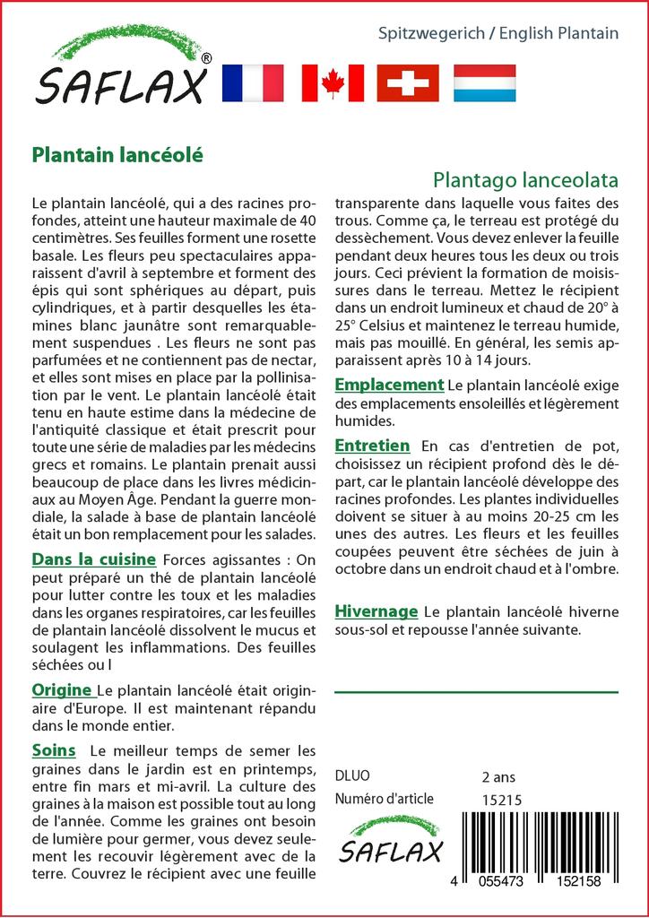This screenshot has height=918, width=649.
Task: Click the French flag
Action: (x=252, y=83)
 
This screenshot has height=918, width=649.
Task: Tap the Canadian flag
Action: (x=333, y=83)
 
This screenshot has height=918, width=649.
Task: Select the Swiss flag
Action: (x=408, y=83)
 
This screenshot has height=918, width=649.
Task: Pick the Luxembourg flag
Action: (x=484, y=83)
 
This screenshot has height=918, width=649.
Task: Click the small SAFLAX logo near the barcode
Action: (x=390, y=842)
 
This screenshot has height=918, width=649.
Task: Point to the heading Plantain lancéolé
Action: (x=117, y=154)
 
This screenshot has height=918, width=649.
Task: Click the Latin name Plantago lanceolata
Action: (x=525, y=179)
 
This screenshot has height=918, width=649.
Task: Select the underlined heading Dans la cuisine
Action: (x=94, y=559)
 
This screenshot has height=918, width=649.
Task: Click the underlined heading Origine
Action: (x=63, y=689)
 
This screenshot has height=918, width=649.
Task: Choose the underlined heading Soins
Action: (x=54, y=749)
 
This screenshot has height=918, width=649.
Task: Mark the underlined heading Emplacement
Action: (x=389, y=385)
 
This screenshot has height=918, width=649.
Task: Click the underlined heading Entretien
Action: (x=372, y=446)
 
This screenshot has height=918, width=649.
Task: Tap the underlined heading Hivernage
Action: (x=376, y=611)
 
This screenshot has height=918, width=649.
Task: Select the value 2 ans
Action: (x=498, y=776)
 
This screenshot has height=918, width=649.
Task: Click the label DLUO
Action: (x=351, y=776)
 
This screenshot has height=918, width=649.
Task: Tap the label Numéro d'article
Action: (x=384, y=800)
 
